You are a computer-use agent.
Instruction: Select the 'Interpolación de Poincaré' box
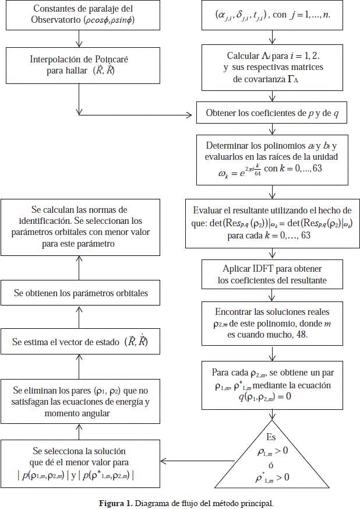pyautogui.click(x=79, y=65)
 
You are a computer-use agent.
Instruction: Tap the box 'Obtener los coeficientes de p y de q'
pyautogui.click(x=272, y=113)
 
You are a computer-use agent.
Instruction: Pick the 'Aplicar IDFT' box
pyautogui.click(x=272, y=275)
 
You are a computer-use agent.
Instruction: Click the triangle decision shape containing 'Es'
pyautogui.click(x=273, y=455)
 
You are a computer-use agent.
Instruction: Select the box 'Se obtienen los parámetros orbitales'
pyautogui.click(x=80, y=293)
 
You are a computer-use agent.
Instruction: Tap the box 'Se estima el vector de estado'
pyautogui.click(x=80, y=342)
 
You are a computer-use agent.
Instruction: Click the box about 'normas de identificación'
pyautogui.click(x=80, y=227)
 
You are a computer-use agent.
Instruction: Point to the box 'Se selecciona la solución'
pyautogui.click(x=80, y=463)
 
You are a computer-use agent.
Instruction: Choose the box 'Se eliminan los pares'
pyautogui.click(x=80, y=401)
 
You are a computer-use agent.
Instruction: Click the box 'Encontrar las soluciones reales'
pyautogui.click(x=272, y=324)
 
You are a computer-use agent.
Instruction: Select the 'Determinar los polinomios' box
pyautogui.click(x=272, y=159)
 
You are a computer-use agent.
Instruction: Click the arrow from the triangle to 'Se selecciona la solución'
pyautogui.click(x=186, y=461)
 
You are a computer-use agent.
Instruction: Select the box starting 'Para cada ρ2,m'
pyautogui.click(x=272, y=385)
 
